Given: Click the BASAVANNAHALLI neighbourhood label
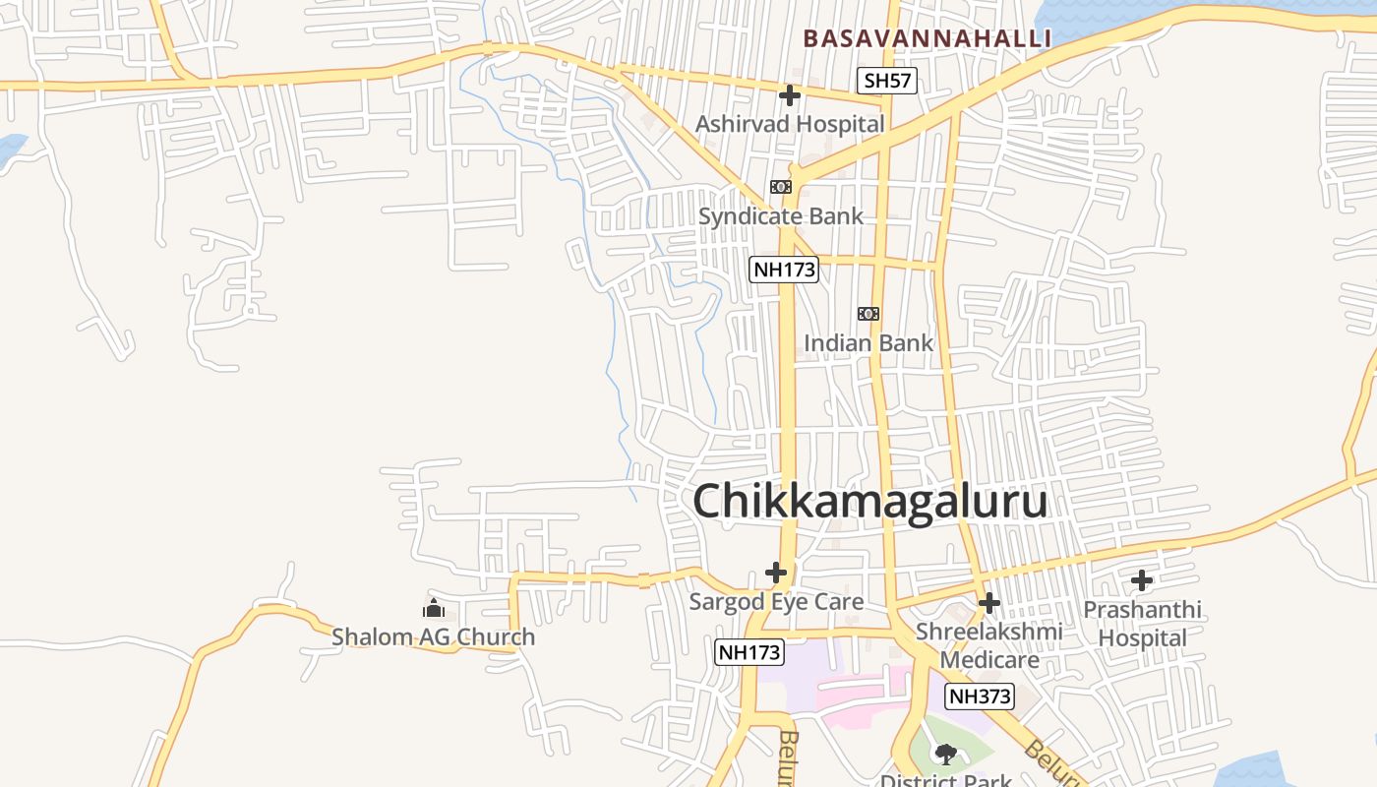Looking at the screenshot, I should point(927,38).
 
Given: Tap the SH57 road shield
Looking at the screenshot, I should point(886,81).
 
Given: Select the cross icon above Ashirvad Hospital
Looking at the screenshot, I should point(789,95).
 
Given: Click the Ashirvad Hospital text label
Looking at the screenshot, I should point(790,124).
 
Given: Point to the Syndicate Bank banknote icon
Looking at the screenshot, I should point(781,187).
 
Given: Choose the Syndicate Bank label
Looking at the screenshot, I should point(781,216).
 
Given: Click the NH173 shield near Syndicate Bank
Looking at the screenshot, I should point(784,270).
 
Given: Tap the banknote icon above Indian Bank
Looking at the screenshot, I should point(868,314).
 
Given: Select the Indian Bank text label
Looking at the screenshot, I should point(868,343).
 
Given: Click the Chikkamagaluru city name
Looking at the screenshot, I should point(870,502).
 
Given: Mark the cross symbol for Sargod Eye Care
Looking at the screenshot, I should point(776,572).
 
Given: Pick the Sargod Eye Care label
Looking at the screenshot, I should point(776,602).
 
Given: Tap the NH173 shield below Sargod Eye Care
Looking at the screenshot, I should point(749,651).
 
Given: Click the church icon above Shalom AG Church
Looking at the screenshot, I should point(434,608).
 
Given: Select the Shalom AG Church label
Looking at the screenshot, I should point(434,637).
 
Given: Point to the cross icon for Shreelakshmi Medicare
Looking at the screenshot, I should point(989,602).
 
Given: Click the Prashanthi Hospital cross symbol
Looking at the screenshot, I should point(1142,580).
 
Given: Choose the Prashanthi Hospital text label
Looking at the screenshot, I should point(1142,624).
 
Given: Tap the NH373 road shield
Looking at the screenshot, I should point(979,696).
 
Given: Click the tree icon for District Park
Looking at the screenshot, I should point(946,755).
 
